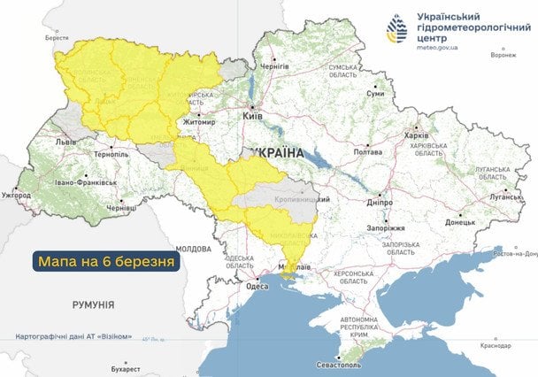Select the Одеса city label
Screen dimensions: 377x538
(x=257, y=286)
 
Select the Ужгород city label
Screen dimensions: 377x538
(x=16, y=194)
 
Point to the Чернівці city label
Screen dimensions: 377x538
(x=121, y=207)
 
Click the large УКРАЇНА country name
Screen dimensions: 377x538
(x=276, y=153)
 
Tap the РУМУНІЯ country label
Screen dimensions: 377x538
(x=93, y=304)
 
